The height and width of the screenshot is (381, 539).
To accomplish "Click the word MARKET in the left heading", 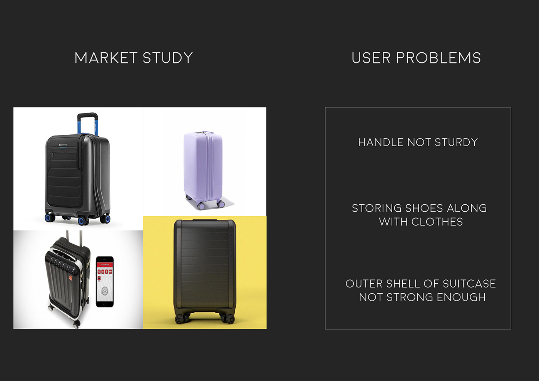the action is (106, 58).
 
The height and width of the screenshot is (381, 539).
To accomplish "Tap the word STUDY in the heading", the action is (168, 58).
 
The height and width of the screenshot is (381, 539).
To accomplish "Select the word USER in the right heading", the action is (371, 58).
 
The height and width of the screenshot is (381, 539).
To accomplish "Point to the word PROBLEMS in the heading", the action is (439, 58).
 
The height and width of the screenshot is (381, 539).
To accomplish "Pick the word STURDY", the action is (456, 142).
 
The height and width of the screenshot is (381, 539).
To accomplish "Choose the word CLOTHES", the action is (437, 222).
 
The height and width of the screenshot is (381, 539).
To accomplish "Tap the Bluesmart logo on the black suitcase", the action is (63, 145).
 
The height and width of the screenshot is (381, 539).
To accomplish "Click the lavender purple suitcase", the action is (204, 170).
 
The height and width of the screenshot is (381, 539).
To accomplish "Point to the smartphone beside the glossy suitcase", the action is (105, 282).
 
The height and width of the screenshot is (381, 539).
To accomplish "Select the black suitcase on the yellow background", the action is (205, 271).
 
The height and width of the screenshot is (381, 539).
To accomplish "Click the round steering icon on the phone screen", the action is (105, 291).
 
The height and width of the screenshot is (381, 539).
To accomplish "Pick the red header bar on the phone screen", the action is (105, 265).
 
